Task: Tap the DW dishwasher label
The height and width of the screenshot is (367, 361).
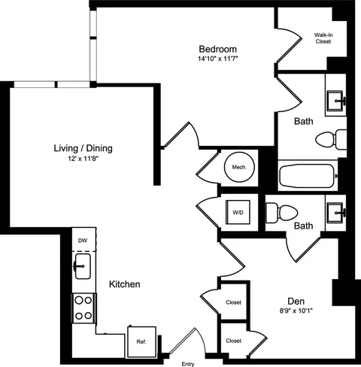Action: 83,240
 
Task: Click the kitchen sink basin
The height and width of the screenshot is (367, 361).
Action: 83,265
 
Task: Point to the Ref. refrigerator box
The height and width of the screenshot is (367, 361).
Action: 141,340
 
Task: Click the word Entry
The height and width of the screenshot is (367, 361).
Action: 188,363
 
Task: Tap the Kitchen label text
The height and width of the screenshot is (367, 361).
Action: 124,285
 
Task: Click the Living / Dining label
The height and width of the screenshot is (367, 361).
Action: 83,148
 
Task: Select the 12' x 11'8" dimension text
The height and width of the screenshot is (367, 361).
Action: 83,159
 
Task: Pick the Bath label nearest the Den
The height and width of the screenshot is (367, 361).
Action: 304,226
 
